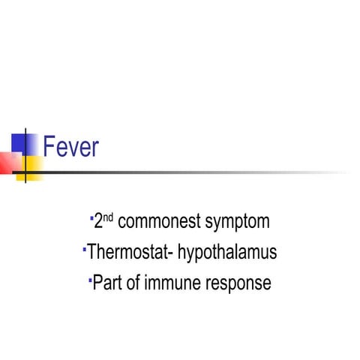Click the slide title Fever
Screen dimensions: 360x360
coord(71,147)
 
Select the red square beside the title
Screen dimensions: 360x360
coord(7,162)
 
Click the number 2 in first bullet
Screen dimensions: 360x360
coord(98,222)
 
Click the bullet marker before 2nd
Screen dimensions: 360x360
coord(91,217)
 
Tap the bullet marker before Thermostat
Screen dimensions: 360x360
coord(84,248)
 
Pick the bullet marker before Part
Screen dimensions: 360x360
coord(89,279)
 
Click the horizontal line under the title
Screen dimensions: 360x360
coord(187,172)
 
